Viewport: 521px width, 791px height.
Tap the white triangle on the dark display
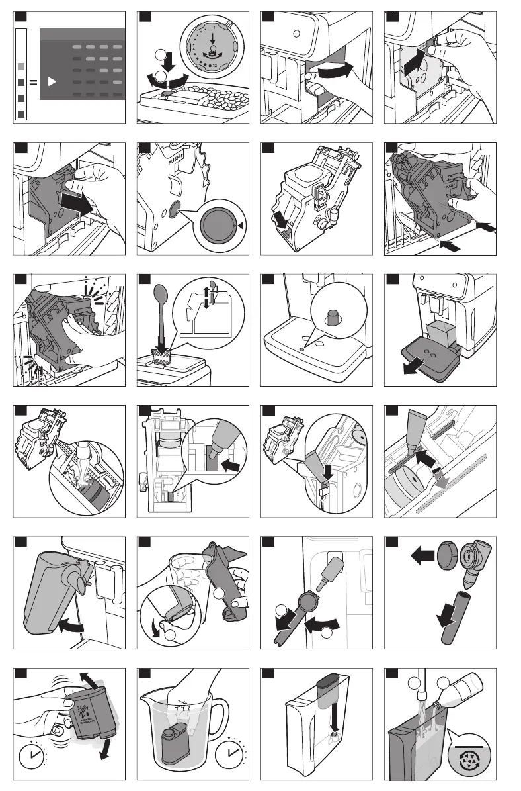(52, 83)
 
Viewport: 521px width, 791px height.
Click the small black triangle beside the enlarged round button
(241, 226)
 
